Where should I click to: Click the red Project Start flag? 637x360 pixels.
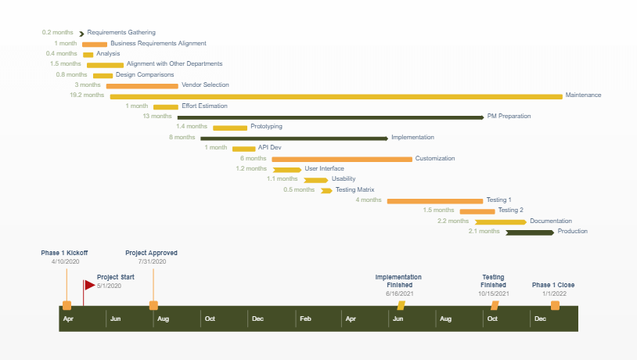tap(88, 286)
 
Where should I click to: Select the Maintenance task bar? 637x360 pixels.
tap(336, 96)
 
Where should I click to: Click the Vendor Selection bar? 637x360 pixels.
tap(142, 85)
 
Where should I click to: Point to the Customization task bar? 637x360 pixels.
tap(342, 159)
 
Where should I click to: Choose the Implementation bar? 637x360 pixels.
tap(293, 139)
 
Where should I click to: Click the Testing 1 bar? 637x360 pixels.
tap(434, 201)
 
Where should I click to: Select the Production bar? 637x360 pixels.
tap(530, 232)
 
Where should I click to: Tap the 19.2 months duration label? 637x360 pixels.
tap(87, 95)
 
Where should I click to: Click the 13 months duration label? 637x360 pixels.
tap(157, 117)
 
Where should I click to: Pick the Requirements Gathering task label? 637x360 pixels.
tap(121, 33)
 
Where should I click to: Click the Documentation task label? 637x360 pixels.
tap(551, 221)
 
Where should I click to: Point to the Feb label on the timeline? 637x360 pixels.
tap(305, 319)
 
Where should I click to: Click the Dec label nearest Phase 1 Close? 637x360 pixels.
tap(540, 319)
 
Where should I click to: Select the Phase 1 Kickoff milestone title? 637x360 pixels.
tap(64, 254)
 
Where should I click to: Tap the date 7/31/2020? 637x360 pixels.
tap(151, 261)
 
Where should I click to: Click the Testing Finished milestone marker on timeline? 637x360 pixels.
tap(495, 305)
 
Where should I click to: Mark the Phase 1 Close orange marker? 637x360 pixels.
tap(555, 305)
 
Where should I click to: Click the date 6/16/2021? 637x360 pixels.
tap(399, 294)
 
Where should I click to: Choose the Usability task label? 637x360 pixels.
tap(343, 179)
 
